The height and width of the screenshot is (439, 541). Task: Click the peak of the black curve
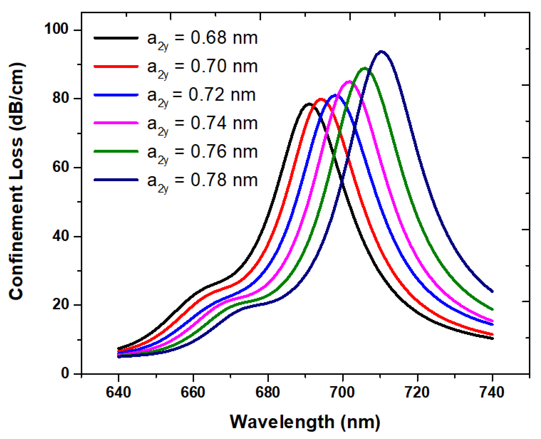(x=309, y=104)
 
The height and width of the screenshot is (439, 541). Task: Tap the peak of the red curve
(x=321, y=99)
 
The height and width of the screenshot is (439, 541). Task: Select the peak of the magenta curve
(x=349, y=82)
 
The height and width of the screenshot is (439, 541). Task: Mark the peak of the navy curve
(x=381, y=52)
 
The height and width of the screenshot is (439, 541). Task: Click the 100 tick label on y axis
(x=56, y=29)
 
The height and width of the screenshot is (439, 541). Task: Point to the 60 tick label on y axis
(x=60, y=167)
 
